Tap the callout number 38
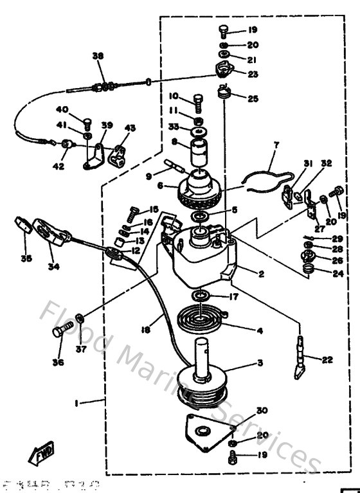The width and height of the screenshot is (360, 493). tap(98, 56)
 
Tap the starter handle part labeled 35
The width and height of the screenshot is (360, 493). tap(23, 226)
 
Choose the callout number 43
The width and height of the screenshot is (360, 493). tap(130, 128)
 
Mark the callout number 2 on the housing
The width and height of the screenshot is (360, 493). tap(262, 274)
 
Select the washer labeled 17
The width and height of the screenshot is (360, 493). tap(200, 296)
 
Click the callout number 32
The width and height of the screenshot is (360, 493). tap(327, 164)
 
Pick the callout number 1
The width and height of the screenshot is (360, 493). tap(77, 403)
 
